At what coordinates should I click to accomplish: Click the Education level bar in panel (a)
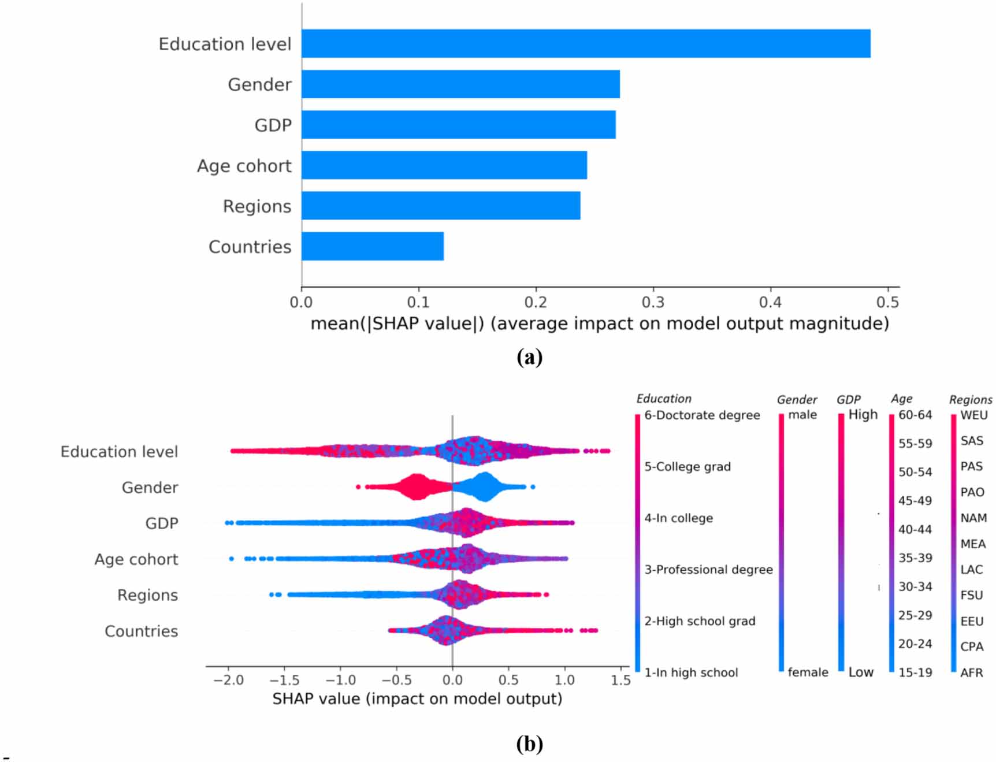[585, 43]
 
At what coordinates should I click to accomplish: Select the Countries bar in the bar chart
[373, 246]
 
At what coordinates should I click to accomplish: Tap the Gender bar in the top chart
[460, 84]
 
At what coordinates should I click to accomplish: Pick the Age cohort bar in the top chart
[444, 165]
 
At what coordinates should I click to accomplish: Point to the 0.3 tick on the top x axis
[653, 302]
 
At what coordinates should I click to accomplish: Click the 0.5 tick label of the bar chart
[887, 302]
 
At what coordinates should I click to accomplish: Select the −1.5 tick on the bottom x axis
[284, 680]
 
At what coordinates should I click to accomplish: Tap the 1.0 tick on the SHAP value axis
[564, 680]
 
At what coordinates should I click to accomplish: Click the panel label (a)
[529, 357]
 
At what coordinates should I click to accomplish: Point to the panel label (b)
[529, 743]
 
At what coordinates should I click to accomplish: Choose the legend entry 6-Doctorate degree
[702, 415]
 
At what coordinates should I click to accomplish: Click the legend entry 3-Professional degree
[708, 570]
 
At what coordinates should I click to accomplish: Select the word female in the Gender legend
[808, 672]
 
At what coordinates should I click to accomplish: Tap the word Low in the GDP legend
[861, 672]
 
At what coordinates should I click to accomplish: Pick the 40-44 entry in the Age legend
[915, 529]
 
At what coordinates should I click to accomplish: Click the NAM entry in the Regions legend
[973, 518]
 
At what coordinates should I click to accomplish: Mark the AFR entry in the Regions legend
[972, 672]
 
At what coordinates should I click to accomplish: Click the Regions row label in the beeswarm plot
[147, 595]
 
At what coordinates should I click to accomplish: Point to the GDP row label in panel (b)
[162, 523]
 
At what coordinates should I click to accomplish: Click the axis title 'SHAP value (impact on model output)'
[417, 699]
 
